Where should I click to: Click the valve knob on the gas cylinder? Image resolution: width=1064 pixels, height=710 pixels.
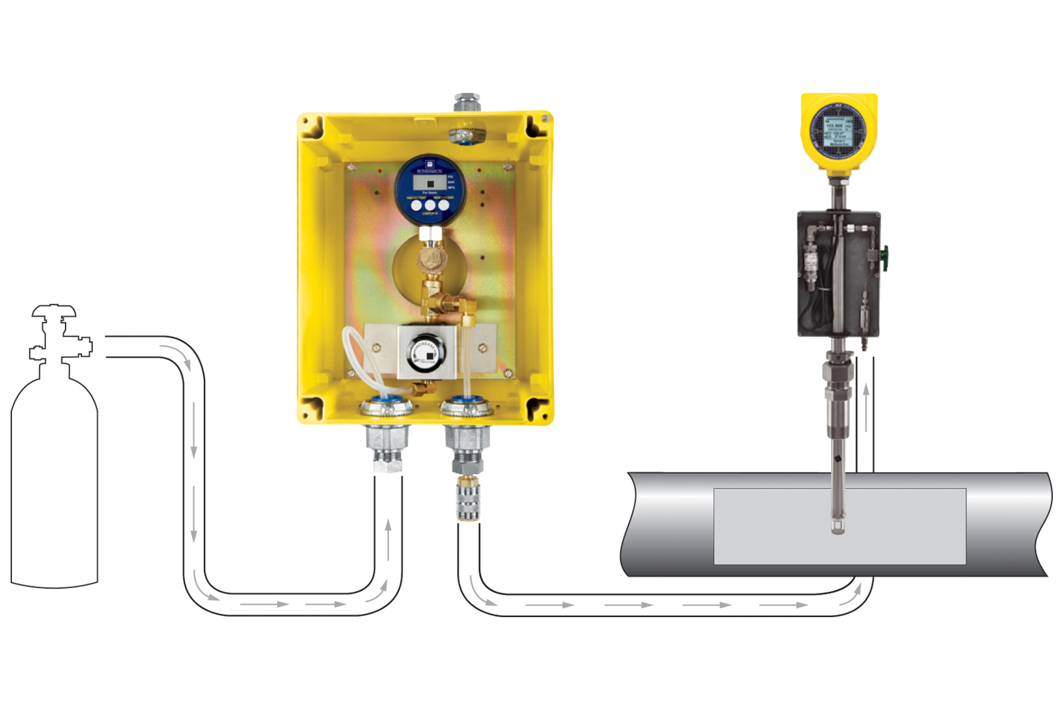[x=54, y=311]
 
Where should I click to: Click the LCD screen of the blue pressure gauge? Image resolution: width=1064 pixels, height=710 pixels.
[x=430, y=182]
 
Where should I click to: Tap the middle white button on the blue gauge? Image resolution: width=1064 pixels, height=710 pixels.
[x=430, y=205]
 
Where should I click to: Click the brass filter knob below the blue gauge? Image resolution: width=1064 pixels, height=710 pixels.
[x=433, y=259]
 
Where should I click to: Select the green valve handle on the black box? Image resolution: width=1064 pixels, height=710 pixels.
[x=885, y=259]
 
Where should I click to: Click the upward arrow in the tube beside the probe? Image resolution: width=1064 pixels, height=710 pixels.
[x=866, y=390]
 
